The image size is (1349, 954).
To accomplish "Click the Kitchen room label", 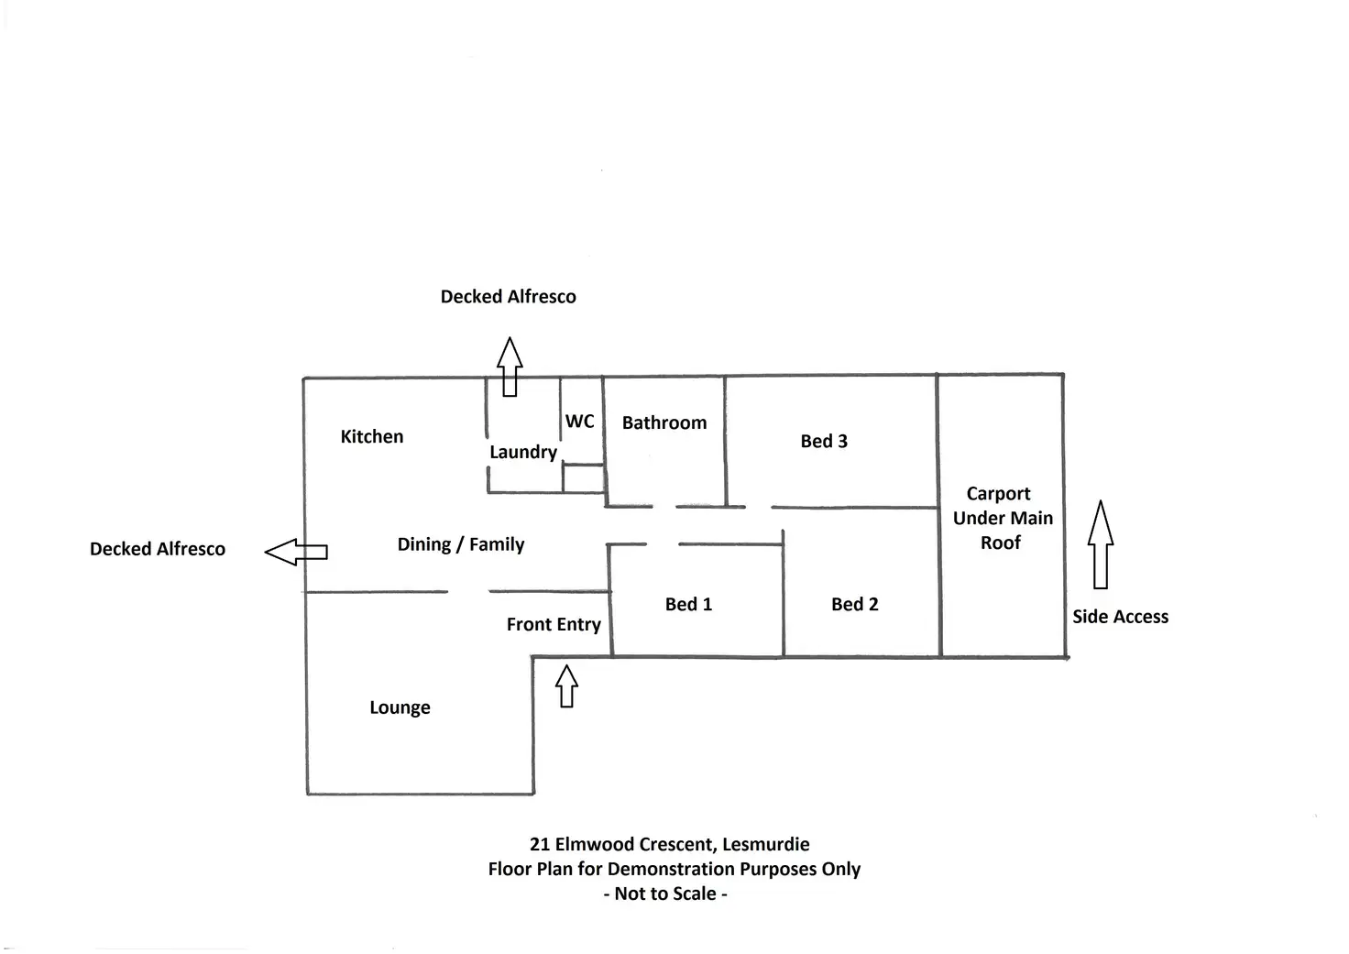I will tap(371, 436).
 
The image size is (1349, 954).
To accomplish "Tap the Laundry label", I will tap(522, 452).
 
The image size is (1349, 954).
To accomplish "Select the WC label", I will tap(579, 421).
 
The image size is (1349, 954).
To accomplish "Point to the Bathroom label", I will tap(664, 422).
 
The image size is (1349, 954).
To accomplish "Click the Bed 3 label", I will tap(824, 441).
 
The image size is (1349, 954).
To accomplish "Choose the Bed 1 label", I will tap(688, 604).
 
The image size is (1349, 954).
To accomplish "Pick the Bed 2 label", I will tap(854, 604).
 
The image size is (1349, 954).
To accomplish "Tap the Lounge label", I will tap(400, 707).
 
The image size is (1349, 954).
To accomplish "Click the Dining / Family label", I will tap(461, 544).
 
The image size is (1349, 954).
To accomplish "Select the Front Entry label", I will tap(554, 624).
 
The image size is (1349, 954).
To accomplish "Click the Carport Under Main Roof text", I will tap(1002, 518).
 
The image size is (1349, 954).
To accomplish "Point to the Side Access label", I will tap(1120, 617).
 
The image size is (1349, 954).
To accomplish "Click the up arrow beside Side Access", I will tap(1101, 544).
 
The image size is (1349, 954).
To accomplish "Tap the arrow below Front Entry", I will tap(567, 685).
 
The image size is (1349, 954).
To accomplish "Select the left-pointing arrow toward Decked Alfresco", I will tap(296, 552).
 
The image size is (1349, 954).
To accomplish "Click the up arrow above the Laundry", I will tap(510, 367).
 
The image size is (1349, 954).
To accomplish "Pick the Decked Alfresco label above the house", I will tap(508, 297).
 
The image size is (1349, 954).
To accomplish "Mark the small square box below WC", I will tap(583, 478).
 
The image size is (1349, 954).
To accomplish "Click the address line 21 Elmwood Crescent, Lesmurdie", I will tap(669, 844).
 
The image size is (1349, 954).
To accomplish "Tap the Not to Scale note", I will tap(665, 894).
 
